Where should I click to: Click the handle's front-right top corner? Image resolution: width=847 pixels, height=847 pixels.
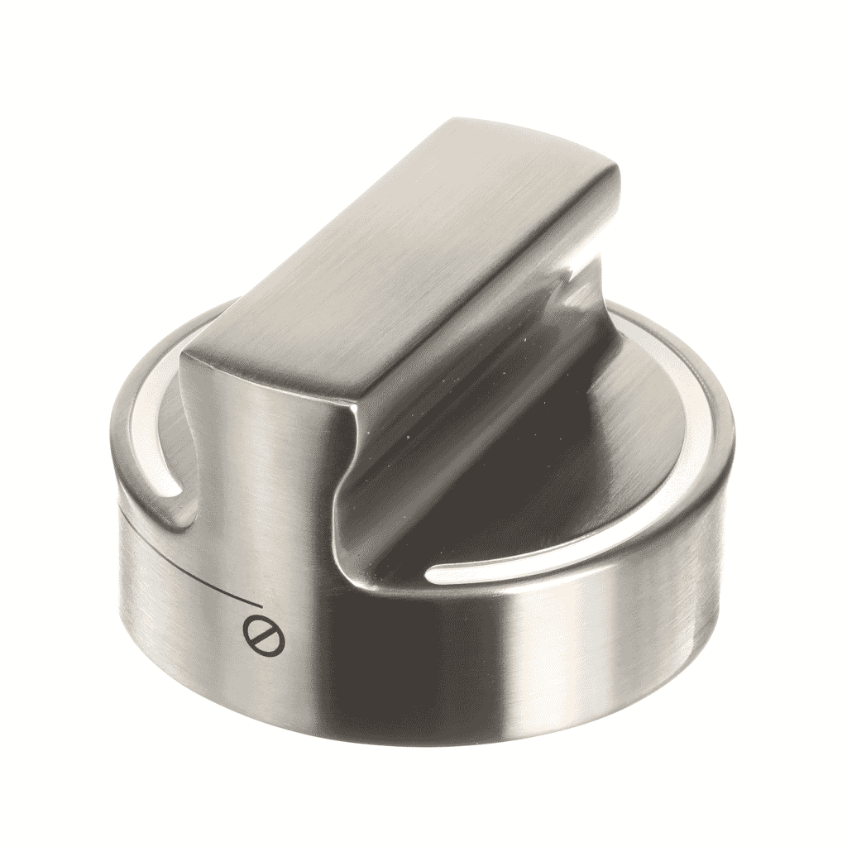click(x=352, y=414)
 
